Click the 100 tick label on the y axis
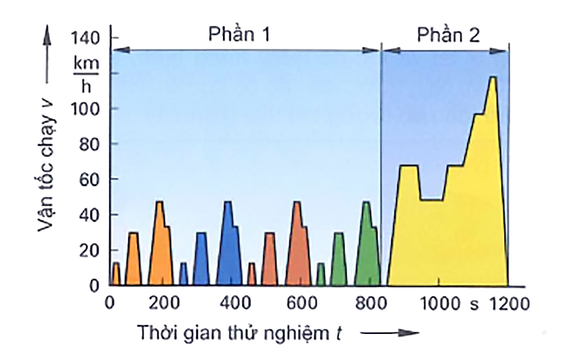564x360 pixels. click(x=87, y=109)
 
